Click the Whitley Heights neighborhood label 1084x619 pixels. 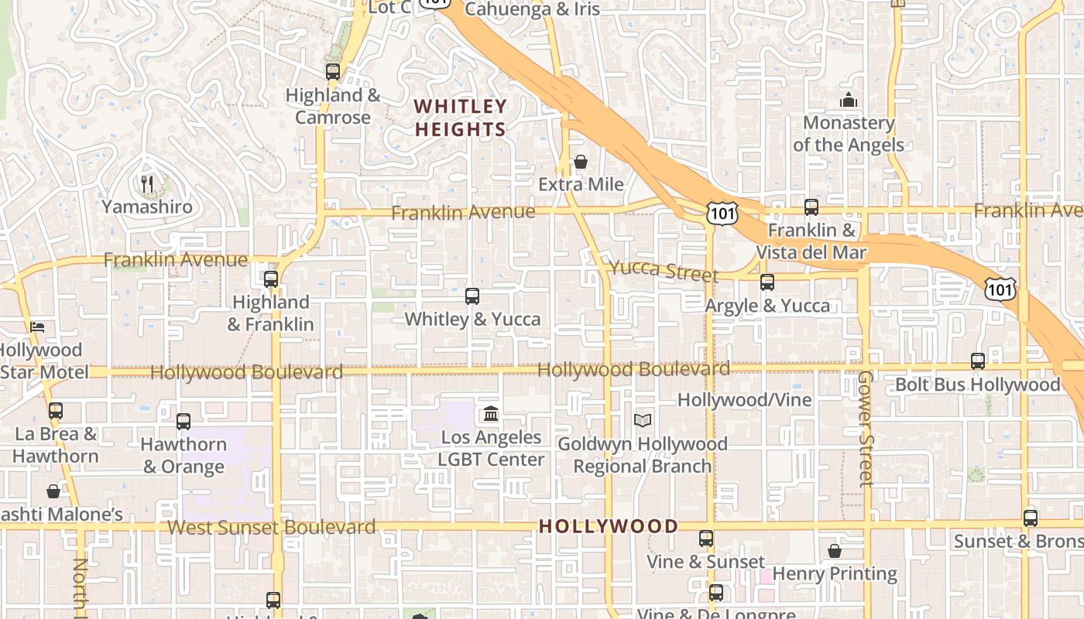[461, 118]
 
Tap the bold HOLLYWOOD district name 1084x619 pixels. [608, 526]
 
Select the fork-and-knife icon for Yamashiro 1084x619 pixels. [147, 184]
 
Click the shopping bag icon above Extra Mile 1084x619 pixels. [581, 162]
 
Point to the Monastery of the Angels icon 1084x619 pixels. [849, 101]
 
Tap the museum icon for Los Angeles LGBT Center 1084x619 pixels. [491, 414]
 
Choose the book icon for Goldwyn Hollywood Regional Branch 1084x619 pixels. [642, 420]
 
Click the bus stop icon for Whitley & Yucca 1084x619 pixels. [472, 296]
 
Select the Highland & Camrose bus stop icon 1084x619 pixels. [333, 72]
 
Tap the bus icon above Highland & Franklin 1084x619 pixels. [271, 279]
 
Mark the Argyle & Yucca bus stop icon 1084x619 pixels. [767, 282]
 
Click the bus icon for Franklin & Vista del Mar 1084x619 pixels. [811, 207]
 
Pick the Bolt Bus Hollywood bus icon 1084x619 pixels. [978, 361]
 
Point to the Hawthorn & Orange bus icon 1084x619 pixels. [184, 422]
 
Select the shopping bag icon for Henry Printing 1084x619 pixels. [835, 551]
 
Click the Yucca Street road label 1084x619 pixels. [664, 270]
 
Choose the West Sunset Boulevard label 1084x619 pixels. [271, 528]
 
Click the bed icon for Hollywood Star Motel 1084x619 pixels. [37, 327]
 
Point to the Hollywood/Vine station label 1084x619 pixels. [744, 400]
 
